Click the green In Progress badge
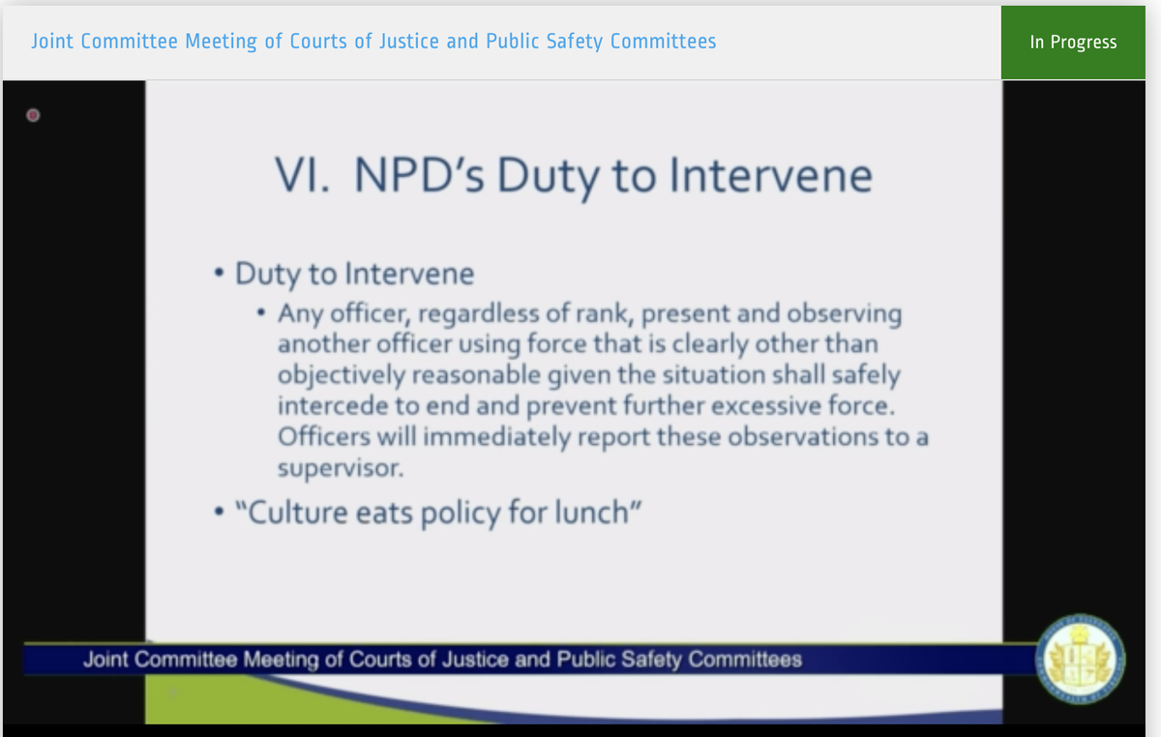click(1073, 42)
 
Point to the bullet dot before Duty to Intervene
click(221, 273)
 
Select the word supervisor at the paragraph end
click(328, 468)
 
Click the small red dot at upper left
click(32, 116)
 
